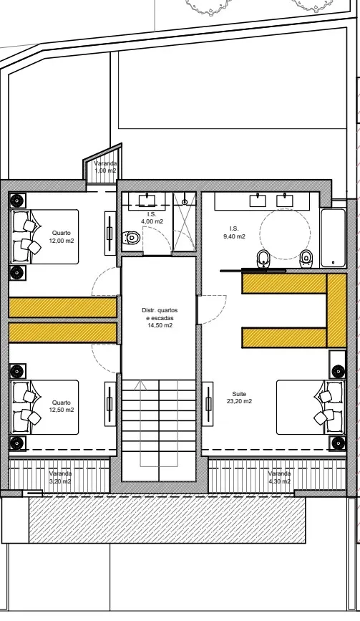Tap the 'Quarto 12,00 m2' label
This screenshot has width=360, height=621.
[62, 236]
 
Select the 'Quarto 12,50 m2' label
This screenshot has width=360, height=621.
[62, 406]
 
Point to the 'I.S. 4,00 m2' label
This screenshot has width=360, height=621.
[152, 218]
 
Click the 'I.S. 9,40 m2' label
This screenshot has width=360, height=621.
[233, 233]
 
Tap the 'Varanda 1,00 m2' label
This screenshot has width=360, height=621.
[105, 167]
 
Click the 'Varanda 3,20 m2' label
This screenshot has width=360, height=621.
[60, 477]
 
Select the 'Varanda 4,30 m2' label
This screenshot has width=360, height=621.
[279, 477]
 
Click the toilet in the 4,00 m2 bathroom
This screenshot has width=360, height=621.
[131, 238]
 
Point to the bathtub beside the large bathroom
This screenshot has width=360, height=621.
[333, 238]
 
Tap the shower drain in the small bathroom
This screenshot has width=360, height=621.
[185, 202]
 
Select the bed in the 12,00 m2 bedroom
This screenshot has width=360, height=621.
[44, 237]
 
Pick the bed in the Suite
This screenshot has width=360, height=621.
[311, 408]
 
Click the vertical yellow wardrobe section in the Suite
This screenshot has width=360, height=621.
[337, 311]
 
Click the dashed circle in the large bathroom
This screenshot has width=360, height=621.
[286, 234]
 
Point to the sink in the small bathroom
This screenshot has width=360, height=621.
[147, 200]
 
